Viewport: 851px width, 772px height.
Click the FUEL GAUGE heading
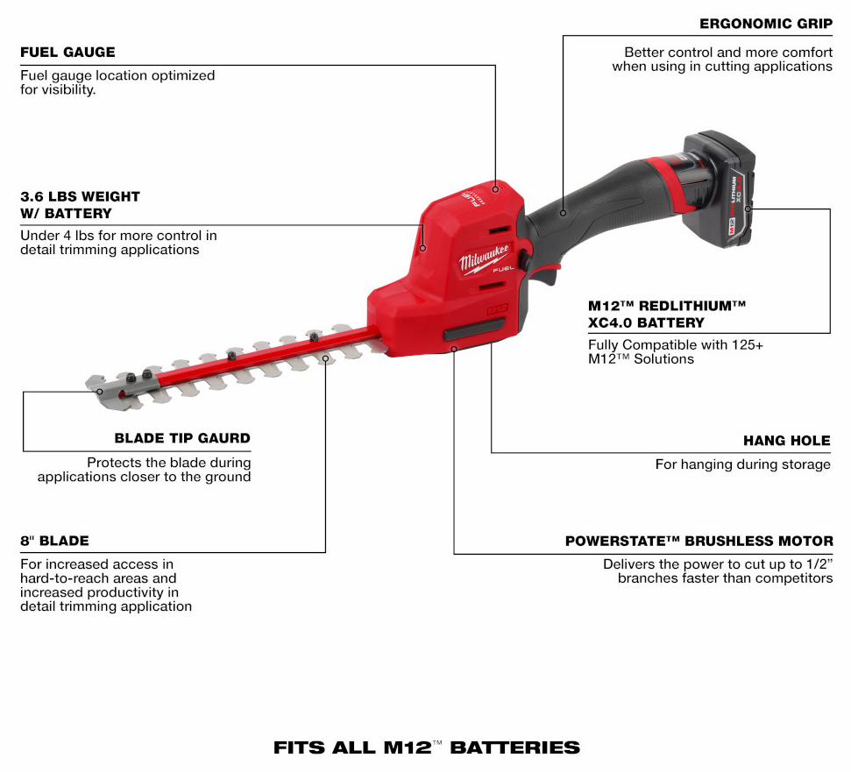pos(67,52)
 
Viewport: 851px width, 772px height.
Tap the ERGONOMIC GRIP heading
pos(766,24)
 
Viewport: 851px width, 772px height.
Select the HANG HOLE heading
pos(787,441)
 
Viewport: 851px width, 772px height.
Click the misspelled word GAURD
pos(223,438)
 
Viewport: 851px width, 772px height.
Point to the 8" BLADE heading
pos(54,541)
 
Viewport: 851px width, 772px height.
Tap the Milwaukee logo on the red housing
pos(485,259)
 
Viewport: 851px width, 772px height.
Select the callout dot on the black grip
pos(563,213)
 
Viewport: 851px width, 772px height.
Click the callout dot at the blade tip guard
pos(100,392)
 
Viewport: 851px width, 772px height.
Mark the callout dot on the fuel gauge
pos(495,189)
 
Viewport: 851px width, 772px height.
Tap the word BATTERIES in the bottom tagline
pos(515,747)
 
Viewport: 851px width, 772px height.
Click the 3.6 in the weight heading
pos(32,196)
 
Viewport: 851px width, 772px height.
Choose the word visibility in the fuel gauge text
pos(69,89)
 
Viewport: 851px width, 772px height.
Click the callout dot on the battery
pos(748,209)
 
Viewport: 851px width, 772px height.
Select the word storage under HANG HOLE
pos(807,465)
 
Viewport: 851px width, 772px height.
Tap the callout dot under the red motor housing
pos(454,350)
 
